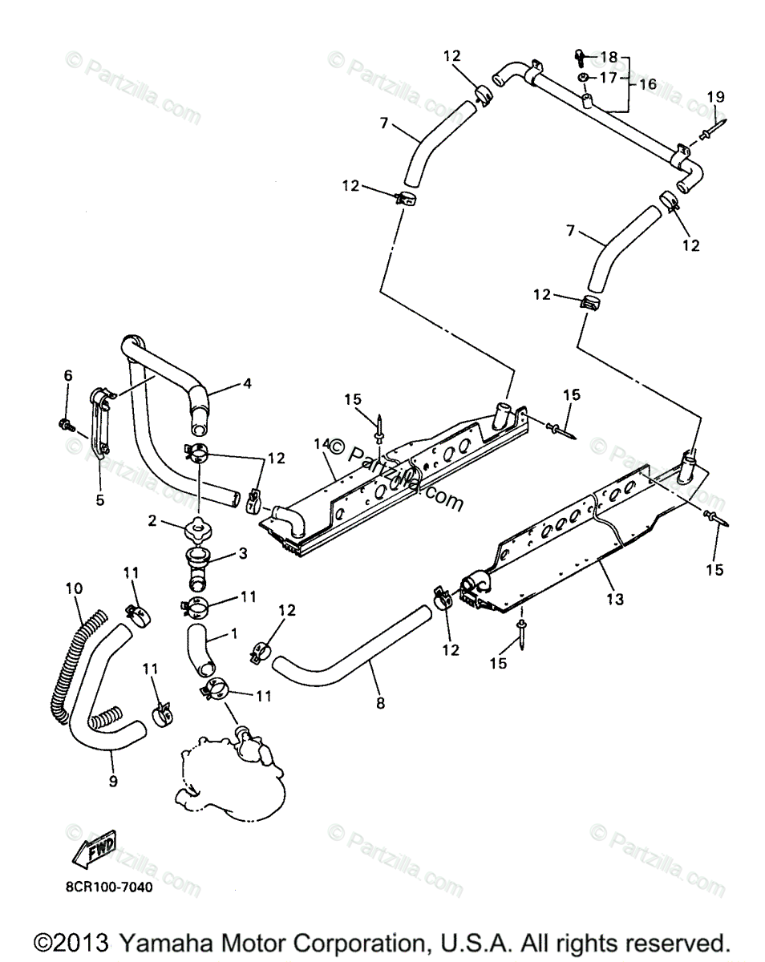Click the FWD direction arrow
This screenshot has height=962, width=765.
click(x=95, y=849)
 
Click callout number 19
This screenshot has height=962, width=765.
click(x=715, y=97)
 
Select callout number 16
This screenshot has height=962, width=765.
click(x=646, y=83)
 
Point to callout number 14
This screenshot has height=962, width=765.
click(x=322, y=443)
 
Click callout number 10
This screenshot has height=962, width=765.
click(x=74, y=588)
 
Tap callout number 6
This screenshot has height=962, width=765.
click(x=68, y=375)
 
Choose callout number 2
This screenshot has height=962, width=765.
click(x=152, y=521)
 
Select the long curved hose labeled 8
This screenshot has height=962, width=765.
click(x=345, y=665)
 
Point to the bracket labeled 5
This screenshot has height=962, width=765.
click(x=98, y=425)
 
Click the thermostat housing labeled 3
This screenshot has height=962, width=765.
click(x=198, y=566)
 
